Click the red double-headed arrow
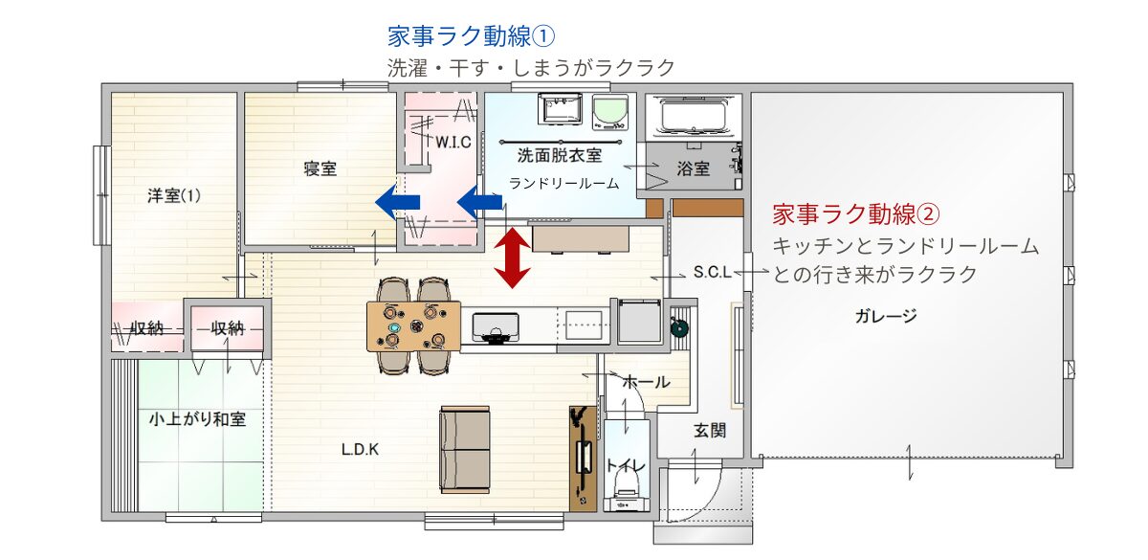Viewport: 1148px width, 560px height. tap(512, 258)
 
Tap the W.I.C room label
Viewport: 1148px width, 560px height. tap(453, 142)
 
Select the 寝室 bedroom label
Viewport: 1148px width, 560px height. tap(320, 168)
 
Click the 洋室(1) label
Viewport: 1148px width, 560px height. tap(174, 195)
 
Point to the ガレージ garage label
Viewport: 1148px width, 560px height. tap(886, 316)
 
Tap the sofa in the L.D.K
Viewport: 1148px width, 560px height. tap(465, 450)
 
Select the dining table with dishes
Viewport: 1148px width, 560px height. tap(413, 326)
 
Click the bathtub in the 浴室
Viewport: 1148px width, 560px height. tap(694, 117)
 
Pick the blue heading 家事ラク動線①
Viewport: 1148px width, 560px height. tap(471, 36)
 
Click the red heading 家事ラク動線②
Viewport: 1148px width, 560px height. tap(856, 213)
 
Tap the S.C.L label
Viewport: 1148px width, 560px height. tap(713, 272)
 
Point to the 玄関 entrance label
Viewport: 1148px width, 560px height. tap(710, 430)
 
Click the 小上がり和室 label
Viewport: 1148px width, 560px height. tap(197, 419)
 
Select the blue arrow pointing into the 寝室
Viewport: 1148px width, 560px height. tap(398, 202)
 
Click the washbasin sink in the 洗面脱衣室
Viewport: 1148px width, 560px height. tap(561, 109)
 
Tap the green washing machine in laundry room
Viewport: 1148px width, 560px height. tap(610, 112)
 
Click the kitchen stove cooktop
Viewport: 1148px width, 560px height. tap(496, 327)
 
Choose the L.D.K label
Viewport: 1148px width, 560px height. tap(360, 450)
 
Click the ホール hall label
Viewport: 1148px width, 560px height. tap(647, 382)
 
